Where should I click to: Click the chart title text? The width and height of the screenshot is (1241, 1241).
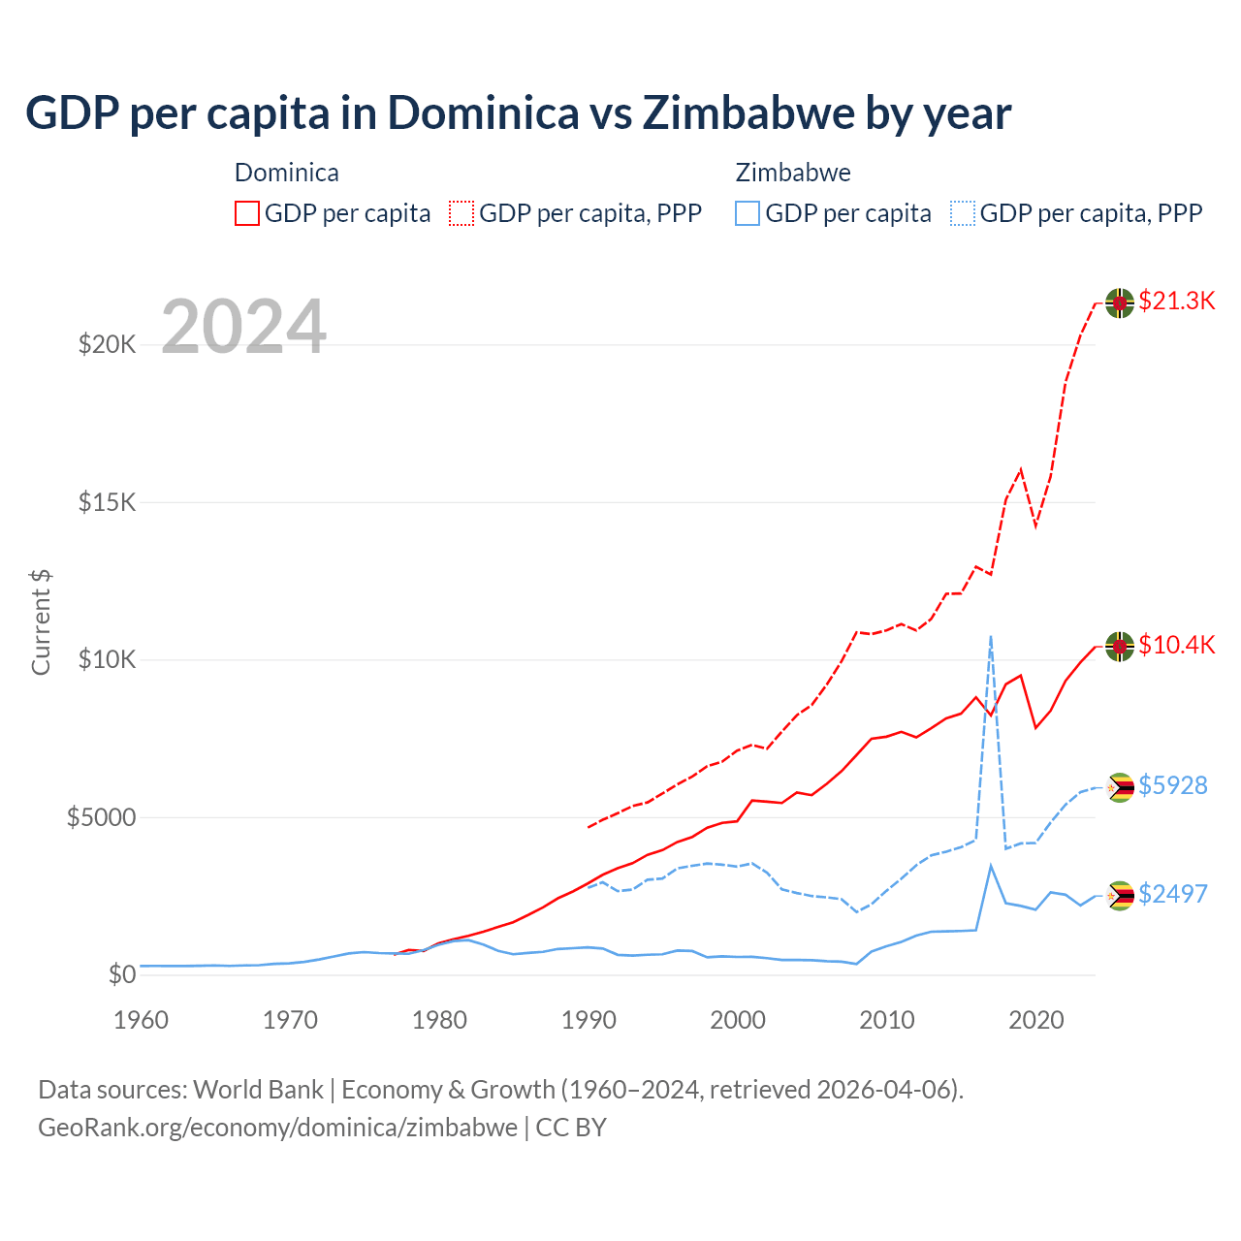pos(518,113)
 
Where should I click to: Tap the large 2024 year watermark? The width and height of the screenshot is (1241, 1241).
pos(243,327)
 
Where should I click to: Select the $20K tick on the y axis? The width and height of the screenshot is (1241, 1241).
pos(107,344)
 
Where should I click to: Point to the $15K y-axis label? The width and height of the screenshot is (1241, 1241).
pos(107,502)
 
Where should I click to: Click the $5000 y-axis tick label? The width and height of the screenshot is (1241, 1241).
pos(101,817)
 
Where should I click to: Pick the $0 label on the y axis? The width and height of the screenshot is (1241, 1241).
pos(121,974)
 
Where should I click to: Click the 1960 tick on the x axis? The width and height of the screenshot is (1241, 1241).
pos(142,1020)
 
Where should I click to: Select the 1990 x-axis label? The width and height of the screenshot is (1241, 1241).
pos(589,1020)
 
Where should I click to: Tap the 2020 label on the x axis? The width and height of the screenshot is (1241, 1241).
pos(1036,1020)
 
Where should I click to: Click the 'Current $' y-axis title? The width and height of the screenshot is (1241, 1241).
pos(41,622)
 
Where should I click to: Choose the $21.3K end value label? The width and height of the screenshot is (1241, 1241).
pos(1176,301)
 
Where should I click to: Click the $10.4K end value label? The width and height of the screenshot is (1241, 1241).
pos(1176,645)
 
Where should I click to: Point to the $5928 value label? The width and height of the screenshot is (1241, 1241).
pos(1172,785)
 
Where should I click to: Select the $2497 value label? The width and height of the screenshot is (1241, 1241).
pos(1172,894)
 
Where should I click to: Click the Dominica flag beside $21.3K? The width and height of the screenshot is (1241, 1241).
pos(1120,302)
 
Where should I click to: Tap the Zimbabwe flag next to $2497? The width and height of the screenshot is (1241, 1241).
pos(1121,896)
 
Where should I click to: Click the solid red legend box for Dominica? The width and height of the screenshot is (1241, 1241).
pos(247,213)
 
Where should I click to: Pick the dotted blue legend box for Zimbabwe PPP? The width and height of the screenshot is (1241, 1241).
pos(963,213)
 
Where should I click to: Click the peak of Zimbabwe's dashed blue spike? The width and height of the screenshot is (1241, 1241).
pos(990,636)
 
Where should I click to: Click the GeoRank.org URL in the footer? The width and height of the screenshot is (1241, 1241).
pos(277,1128)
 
